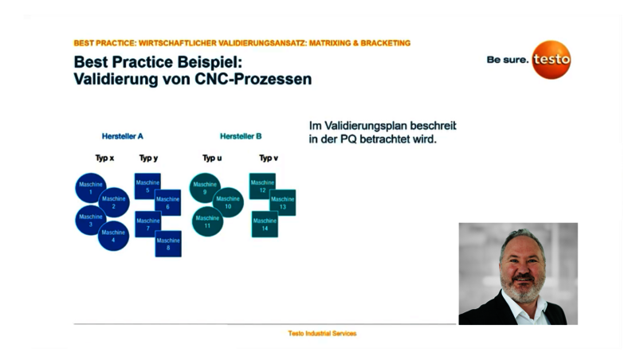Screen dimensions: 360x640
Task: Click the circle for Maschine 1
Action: pos(90,188)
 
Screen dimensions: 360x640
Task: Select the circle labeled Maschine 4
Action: pos(113,236)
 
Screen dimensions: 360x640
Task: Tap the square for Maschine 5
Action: pos(147,186)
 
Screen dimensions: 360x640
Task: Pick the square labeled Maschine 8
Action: pos(168,244)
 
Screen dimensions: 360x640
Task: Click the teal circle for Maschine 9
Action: pos(205,188)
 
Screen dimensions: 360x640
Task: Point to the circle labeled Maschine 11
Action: pos(207,221)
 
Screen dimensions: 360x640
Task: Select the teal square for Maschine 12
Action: pos(262,186)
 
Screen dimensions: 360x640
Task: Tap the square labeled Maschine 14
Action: pos(265,225)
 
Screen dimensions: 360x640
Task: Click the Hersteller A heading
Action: pos(123,136)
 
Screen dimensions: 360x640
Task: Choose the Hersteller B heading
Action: pos(241,136)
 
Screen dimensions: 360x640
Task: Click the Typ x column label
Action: pos(104,158)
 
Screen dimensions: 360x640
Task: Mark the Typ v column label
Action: pos(269,158)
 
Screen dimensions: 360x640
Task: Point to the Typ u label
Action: pos(212,158)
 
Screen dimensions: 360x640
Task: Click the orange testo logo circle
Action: pos(552,60)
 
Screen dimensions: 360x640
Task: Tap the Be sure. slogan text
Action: pos(508,60)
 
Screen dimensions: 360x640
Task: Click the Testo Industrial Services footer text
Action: pos(322,333)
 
